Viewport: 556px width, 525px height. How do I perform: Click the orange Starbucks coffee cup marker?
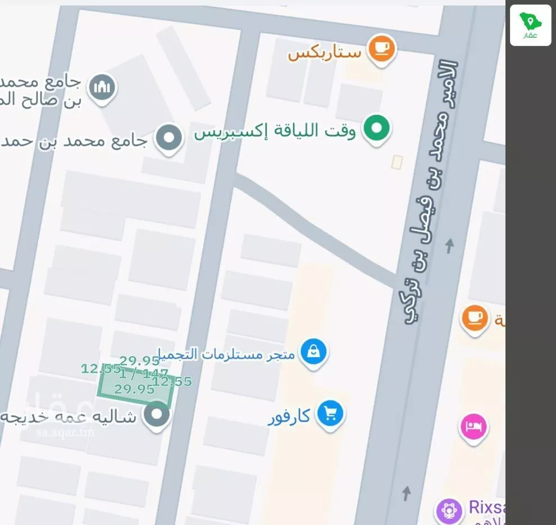[x=382, y=49]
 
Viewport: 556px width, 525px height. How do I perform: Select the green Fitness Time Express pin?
[x=376, y=128]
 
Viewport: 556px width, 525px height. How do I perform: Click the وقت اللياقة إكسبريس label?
[x=275, y=132]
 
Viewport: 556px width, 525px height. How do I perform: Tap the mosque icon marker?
[x=103, y=88]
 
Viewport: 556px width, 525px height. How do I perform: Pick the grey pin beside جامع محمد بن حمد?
[x=168, y=138]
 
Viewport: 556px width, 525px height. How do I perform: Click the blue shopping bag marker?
[x=313, y=352]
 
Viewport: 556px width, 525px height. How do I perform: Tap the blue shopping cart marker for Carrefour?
[x=330, y=414]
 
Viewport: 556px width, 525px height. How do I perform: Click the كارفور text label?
[x=289, y=417]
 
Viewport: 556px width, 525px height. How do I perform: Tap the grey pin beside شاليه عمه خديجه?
[x=157, y=416]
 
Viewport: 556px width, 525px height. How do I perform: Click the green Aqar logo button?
[x=530, y=25]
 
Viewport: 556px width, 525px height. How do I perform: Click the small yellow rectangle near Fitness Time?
[x=397, y=162]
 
